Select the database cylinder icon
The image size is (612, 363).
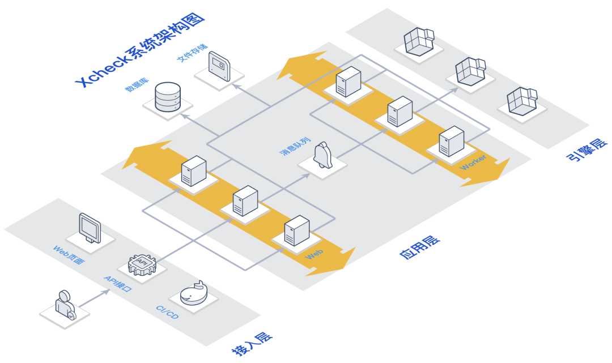[168, 97]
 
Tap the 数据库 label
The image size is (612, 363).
[137, 84]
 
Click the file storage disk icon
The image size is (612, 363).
[219, 66]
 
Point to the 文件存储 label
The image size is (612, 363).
[192, 53]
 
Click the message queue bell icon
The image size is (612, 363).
[323, 155]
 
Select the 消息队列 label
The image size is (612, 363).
[295, 146]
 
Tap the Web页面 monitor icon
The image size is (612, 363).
[90, 228]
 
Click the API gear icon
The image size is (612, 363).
[142, 264]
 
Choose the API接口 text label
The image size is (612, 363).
[118, 284]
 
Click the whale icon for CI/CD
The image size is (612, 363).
[194, 293]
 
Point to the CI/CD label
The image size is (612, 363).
[167, 312]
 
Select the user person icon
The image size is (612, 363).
[65, 305]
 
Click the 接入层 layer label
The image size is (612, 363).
[252, 344]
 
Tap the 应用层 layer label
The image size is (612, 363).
[420, 247]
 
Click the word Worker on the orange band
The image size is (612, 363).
[473, 162]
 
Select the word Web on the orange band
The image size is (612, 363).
[314, 255]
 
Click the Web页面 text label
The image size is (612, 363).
[69, 255]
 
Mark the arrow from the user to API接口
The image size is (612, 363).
[95, 298]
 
